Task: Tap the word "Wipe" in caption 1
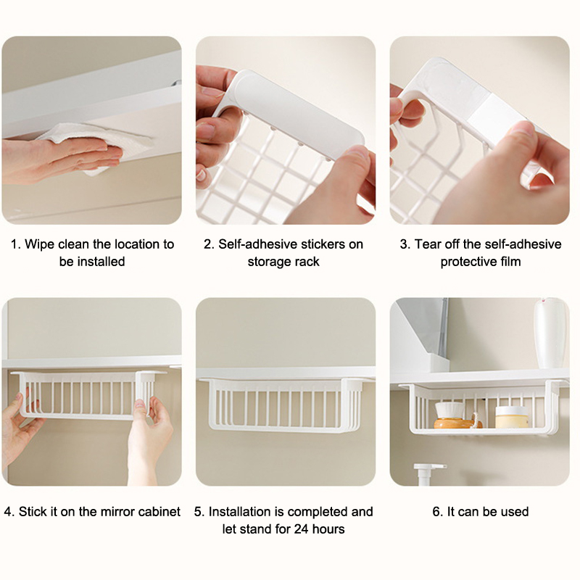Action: (39, 244)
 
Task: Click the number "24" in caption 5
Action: (302, 529)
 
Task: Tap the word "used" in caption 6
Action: (515, 512)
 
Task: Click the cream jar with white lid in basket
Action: (512, 417)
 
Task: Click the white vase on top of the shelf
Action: (550, 333)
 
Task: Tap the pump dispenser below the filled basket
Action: (428, 474)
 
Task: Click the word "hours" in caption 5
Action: (328, 529)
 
